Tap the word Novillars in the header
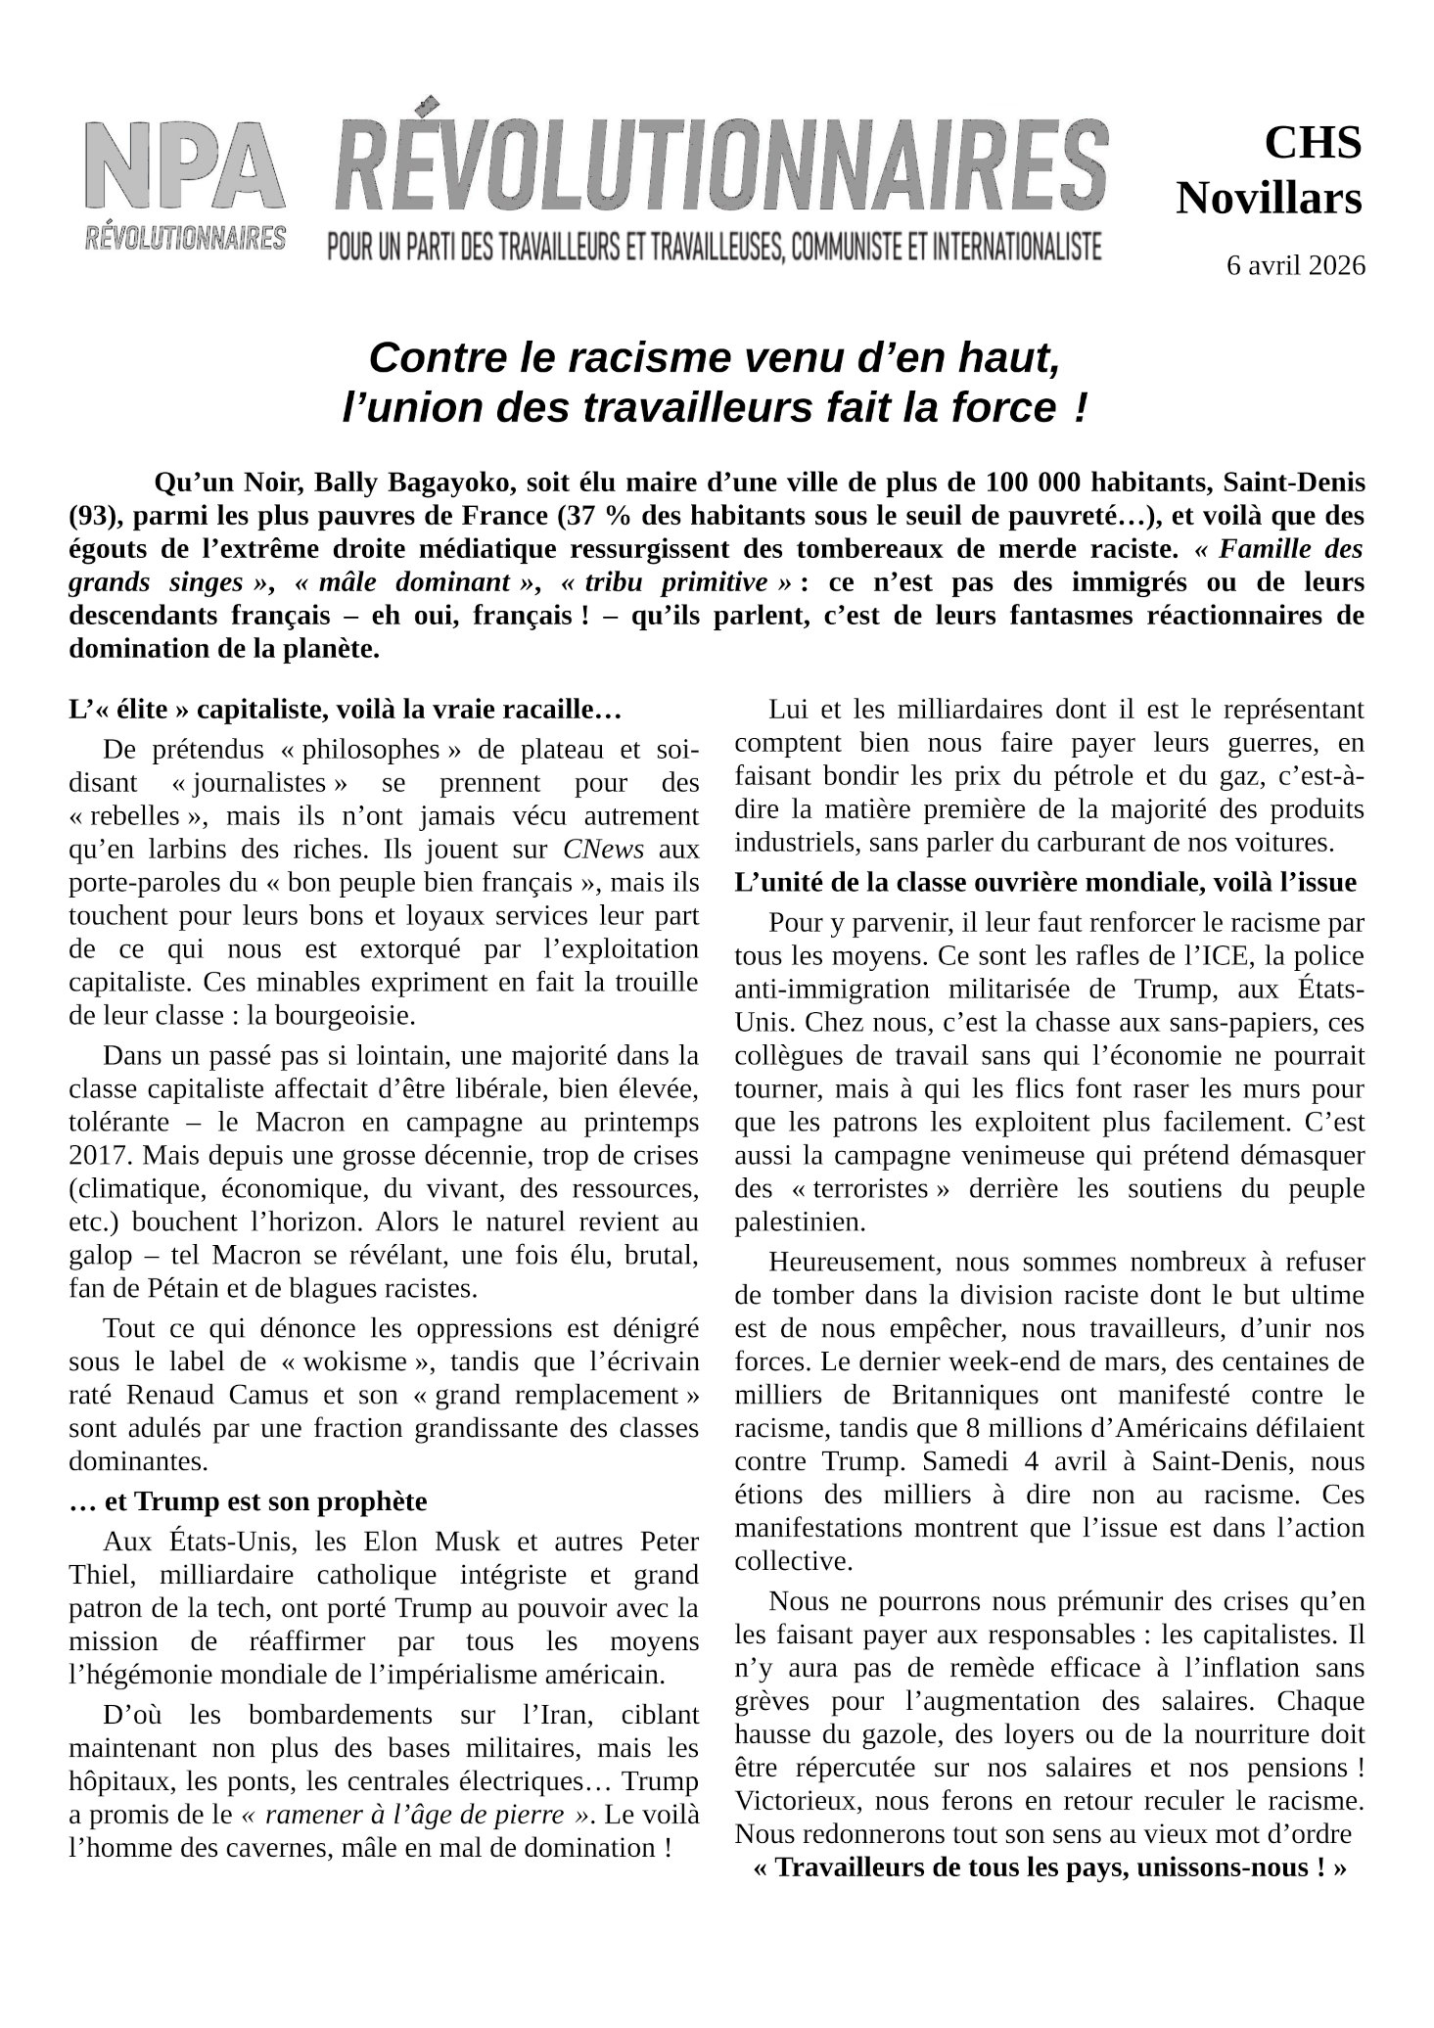1269,199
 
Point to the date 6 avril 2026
1295,265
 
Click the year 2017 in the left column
99,1155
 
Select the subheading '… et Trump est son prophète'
248,1501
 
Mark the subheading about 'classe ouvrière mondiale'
1044,883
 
